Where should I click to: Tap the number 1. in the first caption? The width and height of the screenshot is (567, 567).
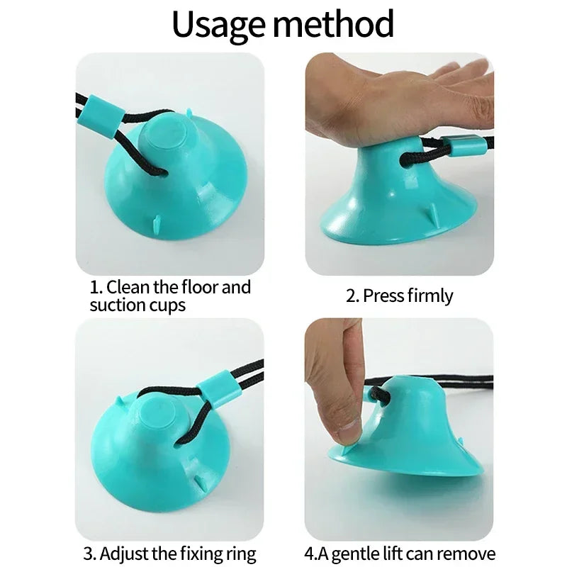point(96,288)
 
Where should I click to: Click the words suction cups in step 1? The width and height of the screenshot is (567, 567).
point(137,305)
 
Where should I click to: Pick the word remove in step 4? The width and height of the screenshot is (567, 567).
point(468,553)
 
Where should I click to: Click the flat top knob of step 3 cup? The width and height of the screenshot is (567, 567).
point(155,415)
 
